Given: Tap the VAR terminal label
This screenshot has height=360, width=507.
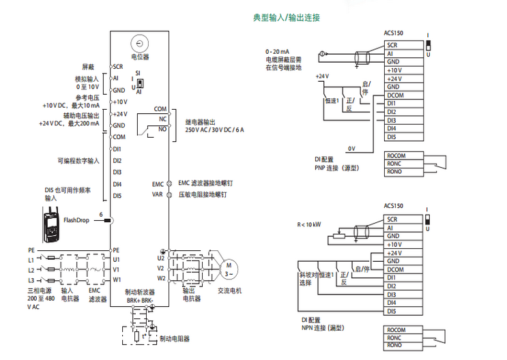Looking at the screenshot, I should point(157,194).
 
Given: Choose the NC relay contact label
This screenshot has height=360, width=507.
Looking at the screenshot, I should point(162,119).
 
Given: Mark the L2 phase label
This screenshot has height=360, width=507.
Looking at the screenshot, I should point(31,269).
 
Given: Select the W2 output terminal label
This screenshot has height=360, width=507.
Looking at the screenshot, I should point(161,278).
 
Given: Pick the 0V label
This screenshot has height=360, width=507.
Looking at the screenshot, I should point(351,148).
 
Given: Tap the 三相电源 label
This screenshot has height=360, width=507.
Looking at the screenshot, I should point(38,290).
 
